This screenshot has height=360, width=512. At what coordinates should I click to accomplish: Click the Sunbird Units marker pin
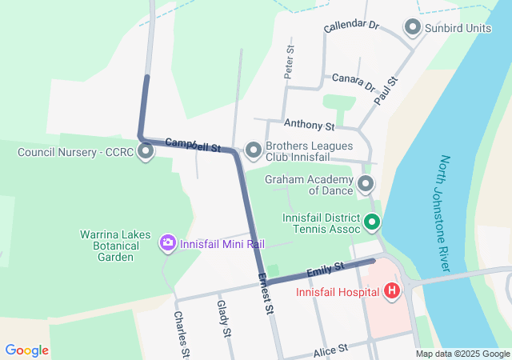(x=413, y=28)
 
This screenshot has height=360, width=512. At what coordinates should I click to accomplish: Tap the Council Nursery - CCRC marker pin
(x=146, y=151)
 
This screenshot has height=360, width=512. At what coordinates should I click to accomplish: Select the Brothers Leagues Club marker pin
(x=254, y=150)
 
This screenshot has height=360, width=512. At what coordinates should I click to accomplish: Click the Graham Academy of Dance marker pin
(x=366, y=185)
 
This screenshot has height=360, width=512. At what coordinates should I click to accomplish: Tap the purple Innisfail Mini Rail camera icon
(x=167, y=242)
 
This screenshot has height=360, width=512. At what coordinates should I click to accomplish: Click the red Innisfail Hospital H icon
(x=391, y=290)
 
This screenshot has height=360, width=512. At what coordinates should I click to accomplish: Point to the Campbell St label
(x=193, y=145)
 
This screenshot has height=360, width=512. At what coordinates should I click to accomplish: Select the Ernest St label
(x=266, y=294)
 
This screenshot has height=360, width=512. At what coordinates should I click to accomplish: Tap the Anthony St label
(x=309, y=126)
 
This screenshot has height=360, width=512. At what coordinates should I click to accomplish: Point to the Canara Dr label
(x=353, y=82)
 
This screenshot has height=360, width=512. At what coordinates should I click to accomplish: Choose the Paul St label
(x=386, y=91)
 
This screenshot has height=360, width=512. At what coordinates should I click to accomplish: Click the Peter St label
(x=289, y=61)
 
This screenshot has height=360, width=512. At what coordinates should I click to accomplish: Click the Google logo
(x=26, y=350)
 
